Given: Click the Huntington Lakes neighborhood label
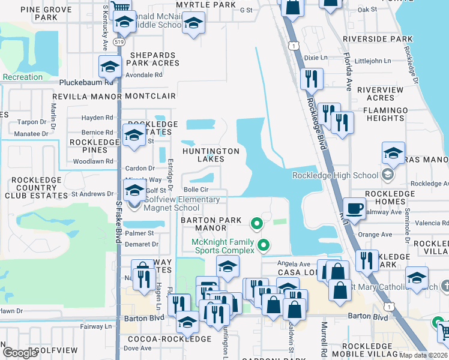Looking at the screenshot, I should point(211,155).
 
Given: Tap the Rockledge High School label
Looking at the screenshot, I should point(334,175).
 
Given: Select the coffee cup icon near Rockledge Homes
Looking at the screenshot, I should point(354,208).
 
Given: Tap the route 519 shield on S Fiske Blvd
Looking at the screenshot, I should point(118,43).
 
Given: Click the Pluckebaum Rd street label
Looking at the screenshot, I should point(86,83).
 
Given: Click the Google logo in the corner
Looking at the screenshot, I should point(20,352).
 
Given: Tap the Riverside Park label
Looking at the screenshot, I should point(378,39).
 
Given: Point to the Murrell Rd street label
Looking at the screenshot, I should point(324,336).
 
